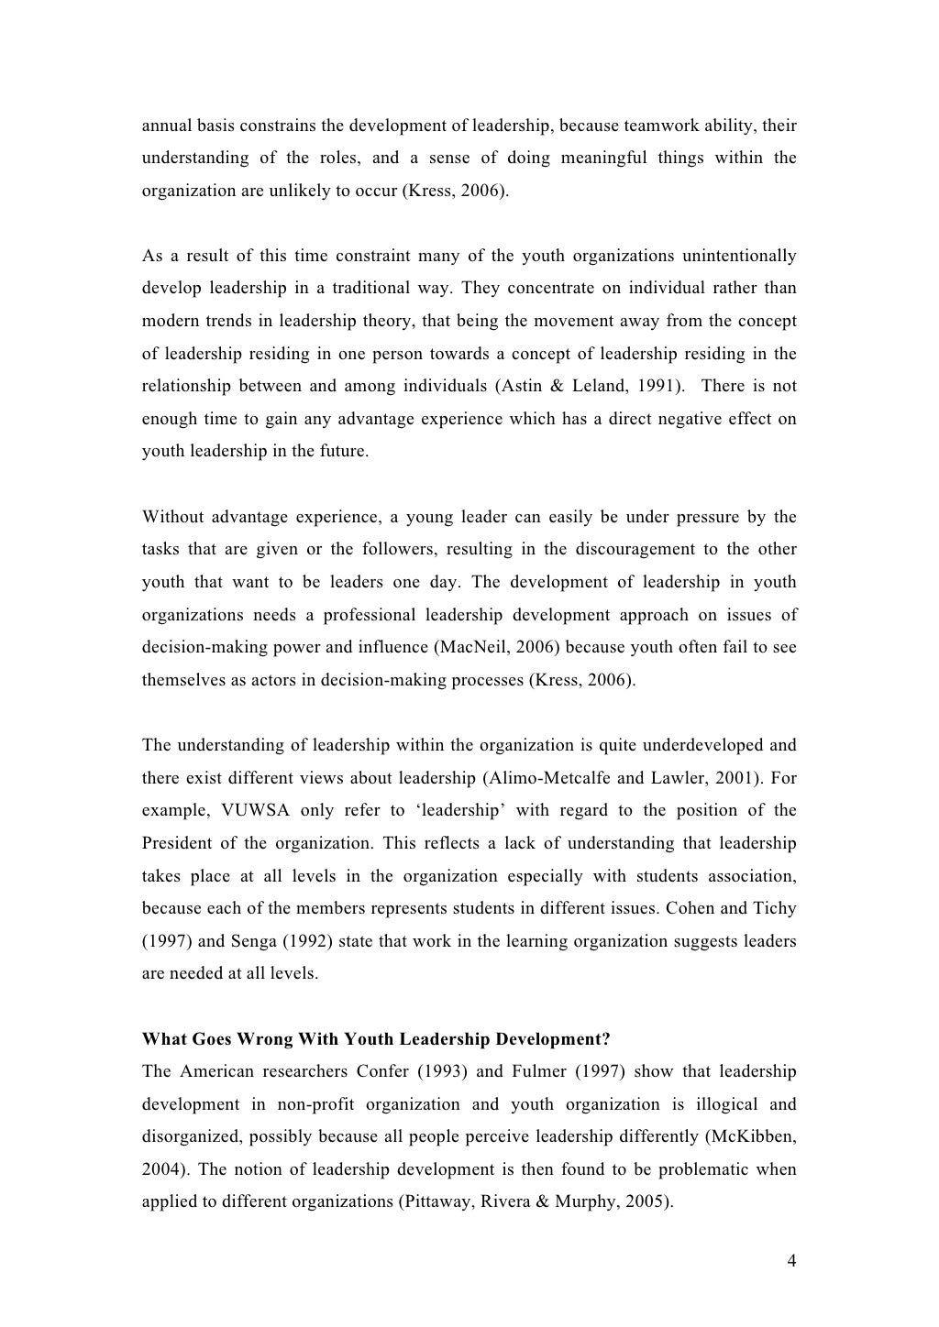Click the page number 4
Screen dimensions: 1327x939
click(791, 1260)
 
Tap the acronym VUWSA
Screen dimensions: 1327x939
click(254, 810)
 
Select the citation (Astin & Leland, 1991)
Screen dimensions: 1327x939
click(590, 386)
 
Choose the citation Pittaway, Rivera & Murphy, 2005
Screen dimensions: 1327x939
click(535, 1201)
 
